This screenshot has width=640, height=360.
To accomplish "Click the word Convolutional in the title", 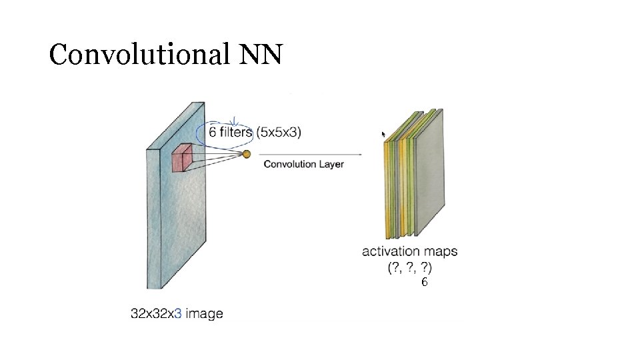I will [137, 55].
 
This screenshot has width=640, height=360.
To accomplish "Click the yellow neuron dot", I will [246, 154].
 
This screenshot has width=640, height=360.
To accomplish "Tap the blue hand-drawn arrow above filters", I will [235, 120].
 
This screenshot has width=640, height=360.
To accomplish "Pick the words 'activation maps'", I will [409, 251].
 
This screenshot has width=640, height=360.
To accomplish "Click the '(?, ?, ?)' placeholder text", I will [409, 268].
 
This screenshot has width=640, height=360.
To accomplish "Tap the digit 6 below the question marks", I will [424, 283].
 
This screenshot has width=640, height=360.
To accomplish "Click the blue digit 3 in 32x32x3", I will [178, 313].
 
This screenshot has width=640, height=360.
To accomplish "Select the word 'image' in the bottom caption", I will [205, 313].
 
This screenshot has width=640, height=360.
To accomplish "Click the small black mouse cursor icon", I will [383, 134].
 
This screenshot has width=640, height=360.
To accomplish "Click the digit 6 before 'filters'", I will [213, 132].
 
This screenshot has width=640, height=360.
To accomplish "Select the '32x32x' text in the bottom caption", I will [152, 313].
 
